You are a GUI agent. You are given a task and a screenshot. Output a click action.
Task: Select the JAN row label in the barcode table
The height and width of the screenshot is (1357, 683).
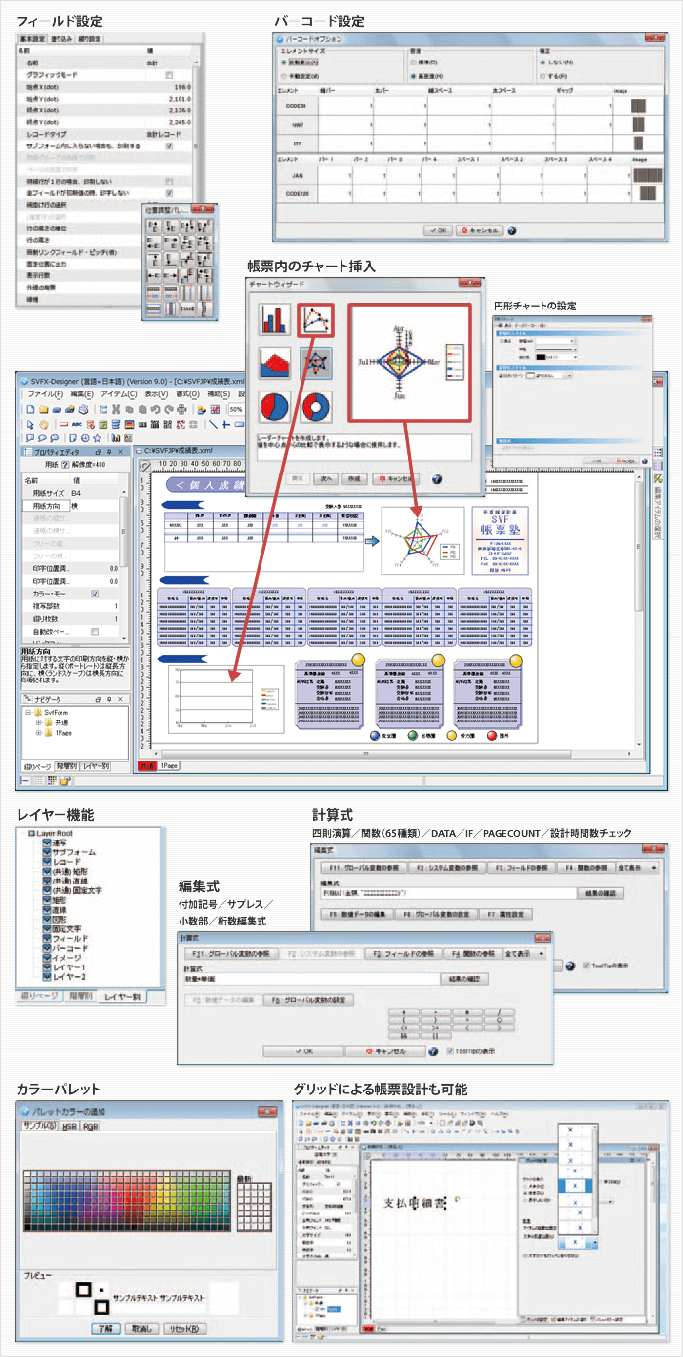(x=298, y=176)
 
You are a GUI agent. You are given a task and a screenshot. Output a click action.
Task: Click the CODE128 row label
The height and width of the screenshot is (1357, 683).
(x=298, y=196)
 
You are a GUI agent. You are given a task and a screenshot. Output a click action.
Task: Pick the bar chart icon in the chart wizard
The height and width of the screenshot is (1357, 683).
(x=275, y=319)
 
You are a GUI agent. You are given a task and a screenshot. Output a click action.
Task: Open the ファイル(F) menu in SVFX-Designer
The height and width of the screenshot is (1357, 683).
(x=44, y=393)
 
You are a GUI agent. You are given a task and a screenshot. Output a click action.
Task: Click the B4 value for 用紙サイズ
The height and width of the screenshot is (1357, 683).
(x=76, y=494)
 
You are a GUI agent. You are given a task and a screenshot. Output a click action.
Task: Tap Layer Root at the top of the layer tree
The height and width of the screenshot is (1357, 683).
(x=61, y=833)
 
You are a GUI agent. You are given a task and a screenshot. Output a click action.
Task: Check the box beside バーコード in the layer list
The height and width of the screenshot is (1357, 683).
(x=46, y=946)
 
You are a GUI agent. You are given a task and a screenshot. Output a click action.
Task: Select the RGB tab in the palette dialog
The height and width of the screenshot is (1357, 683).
(x=90, y=1126)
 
